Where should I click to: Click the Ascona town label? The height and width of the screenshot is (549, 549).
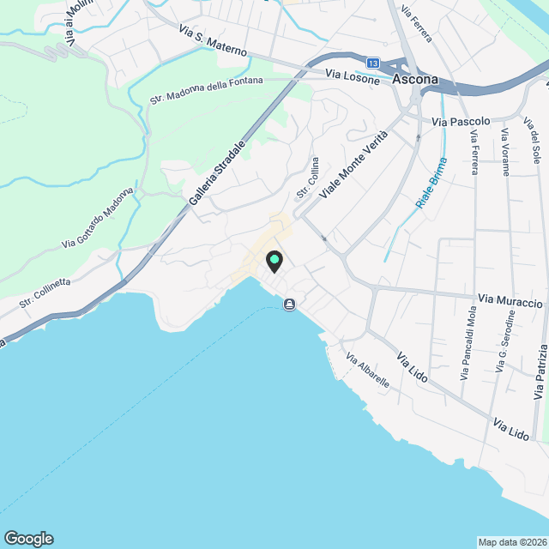click(415, 80)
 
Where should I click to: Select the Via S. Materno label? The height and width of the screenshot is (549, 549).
click(213, 41)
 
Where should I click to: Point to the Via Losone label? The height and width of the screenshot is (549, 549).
click(353, 75)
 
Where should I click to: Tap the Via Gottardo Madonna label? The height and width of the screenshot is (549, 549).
click(99, 218)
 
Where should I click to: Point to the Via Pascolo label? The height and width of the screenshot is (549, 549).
click(461, 122)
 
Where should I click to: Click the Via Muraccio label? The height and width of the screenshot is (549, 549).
click(511, 301)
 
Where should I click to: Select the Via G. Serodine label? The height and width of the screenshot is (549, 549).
click(507, 343)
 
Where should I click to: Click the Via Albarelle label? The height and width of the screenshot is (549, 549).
click(368, 369)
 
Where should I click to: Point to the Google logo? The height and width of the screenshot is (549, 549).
click(28, 538)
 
